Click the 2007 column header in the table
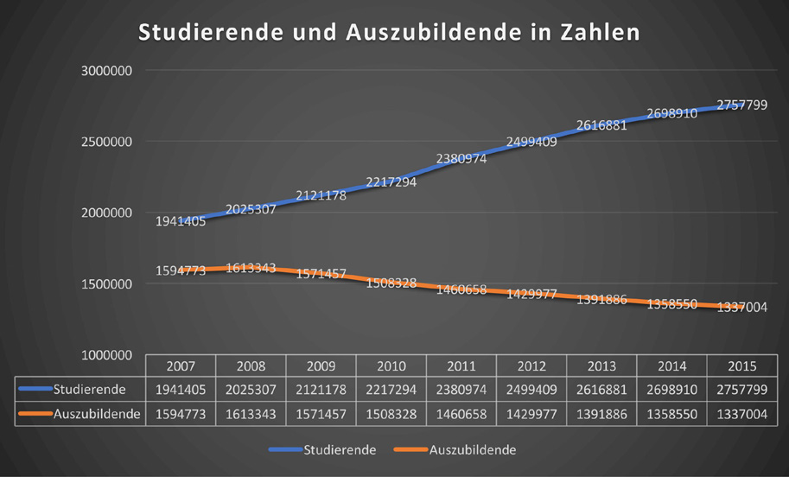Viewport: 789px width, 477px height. [x=181, y=366]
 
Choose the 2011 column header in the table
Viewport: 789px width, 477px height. [x=461, y=366]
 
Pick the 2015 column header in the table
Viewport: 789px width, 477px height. [x=741, y=366]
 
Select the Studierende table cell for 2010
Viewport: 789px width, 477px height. [x=391, y=390]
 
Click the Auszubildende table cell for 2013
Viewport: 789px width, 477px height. [x=601, y=414]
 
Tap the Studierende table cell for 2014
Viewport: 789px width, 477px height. [x=671, y=390]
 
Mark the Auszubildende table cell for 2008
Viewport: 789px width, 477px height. [x=251, y=414]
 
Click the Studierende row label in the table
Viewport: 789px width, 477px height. [x=89, y=390]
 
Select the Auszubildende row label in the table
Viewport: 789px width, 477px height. [x=97, y=414]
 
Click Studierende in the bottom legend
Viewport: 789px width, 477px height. [x=339, y=450]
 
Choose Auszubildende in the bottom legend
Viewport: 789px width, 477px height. [x=473, y=450]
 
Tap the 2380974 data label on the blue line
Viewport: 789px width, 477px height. [x=461, y=159]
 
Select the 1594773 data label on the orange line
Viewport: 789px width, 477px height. [x=181, y=270]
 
